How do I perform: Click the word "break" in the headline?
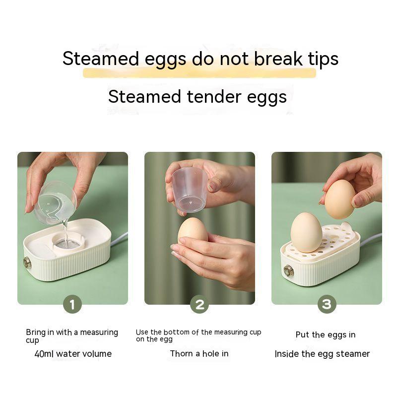[x=278, y=59]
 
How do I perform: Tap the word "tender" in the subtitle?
[x=214, y=97]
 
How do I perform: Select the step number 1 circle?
[x=72, y=304]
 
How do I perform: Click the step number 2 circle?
[x=199, y=304]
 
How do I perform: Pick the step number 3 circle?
[x=327, y=304]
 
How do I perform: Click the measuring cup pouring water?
[x=55, y=202]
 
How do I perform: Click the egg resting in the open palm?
[x=193, y=231]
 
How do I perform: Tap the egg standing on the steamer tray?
[x=306, y=232]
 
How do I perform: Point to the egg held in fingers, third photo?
[x=340, y=199]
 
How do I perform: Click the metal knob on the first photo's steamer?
[x=27, y=263]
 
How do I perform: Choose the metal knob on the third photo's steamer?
[x=288, y=271]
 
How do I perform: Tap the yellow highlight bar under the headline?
[x=199, y=72]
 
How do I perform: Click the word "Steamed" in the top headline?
[x=101, y=59]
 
